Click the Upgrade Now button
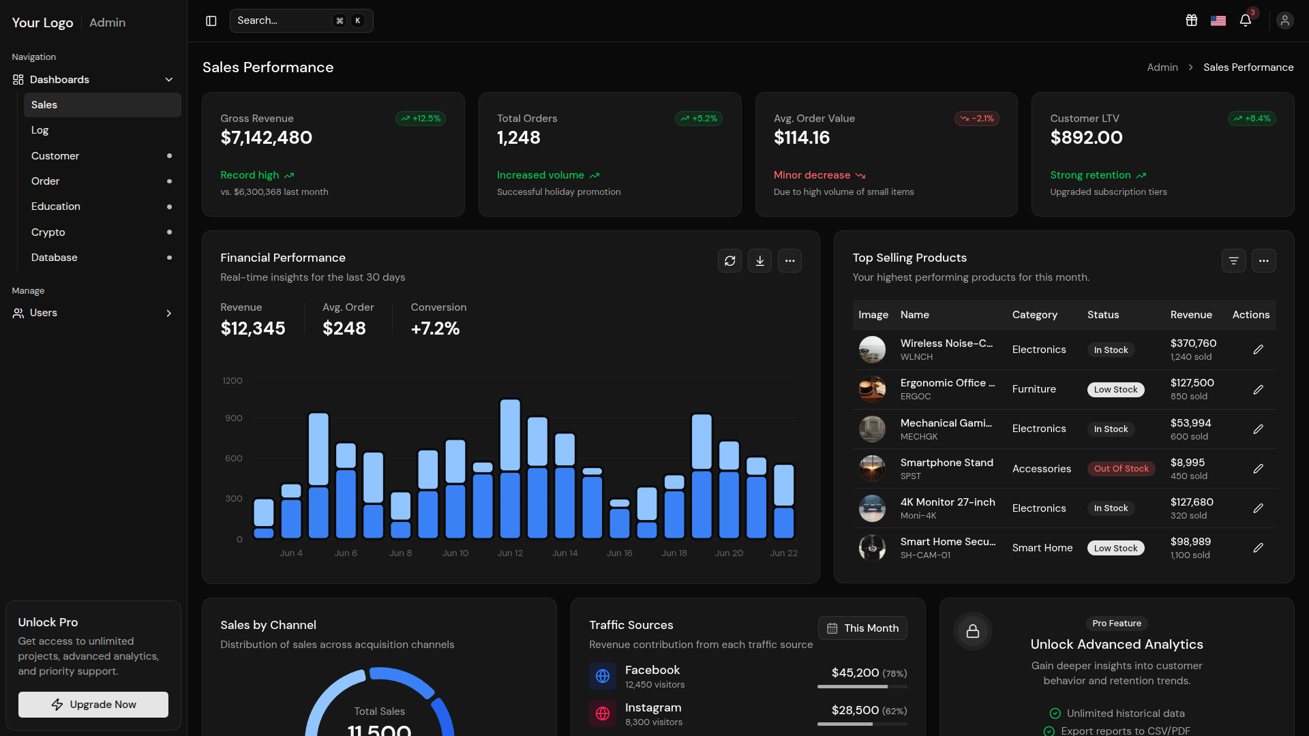click(x=93, y=704)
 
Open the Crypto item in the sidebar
click(x=48, y=232)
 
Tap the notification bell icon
click(x=1246, y=20)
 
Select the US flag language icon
click(x=1218, y=20)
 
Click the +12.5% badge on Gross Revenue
click(x=421, y=119)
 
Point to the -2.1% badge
click(x=977, y=119)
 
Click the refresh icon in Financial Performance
click(x=729, y=260)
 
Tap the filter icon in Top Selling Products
click(x=1233, y=260)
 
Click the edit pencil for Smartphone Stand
click(x=1259, y=469)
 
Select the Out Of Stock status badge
click(x=1122, y=469)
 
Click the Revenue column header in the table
click(x=1191, y=315)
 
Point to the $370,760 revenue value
click(x=1193, y=343)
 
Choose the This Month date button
click(x=862, y=628)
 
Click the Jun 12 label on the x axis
click(x=510, y=553)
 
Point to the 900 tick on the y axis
click(x=234, y=418)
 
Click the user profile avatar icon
click(x=1285, y=20)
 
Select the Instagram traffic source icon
click(x=603, y=714)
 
